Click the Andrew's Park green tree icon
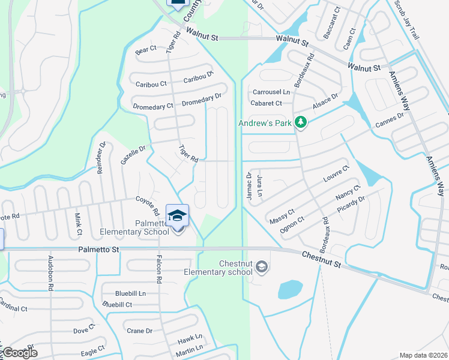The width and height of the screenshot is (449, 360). click(x=301, y=123)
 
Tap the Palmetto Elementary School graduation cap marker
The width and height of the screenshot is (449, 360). click(x=177, y=215)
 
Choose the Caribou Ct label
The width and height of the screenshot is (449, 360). click(x=151, y=85)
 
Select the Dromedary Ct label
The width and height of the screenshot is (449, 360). click(x=153, y=106)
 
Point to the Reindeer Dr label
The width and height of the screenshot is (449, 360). click(x=101, y=158)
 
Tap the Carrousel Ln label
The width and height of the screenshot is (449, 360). click(x=271, y=92)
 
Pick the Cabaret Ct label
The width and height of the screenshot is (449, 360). click(x=266, y=103)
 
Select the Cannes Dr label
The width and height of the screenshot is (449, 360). click(x=390, y=119)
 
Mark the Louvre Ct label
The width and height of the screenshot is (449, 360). click(x=336, y=175)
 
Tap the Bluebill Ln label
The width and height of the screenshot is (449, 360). click(x=131, y=293)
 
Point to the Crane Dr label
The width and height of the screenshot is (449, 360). click(x=139, y=331)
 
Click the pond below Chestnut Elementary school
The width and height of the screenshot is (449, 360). click(x=290, y=290)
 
